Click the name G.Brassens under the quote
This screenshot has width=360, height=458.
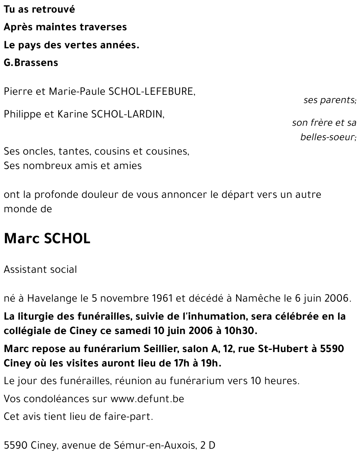click(31, 63)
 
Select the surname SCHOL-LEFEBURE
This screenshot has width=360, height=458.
click(151, 92)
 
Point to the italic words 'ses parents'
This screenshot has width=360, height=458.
click(329, 100)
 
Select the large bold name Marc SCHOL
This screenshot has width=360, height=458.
click(47, 239)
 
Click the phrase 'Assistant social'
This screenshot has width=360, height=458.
click(40, 270)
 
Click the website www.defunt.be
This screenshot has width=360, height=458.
click(147, 399)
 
